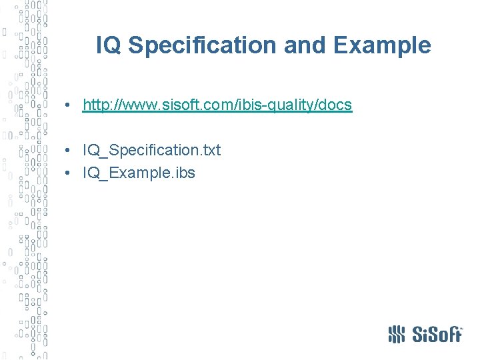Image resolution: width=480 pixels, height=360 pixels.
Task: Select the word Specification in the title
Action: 202,45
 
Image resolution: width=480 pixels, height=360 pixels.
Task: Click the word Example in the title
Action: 382,45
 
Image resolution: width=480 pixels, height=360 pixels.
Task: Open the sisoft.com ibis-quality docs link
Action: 217,105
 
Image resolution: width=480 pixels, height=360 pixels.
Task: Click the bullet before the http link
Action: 69,106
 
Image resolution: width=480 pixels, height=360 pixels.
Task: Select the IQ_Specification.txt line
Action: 151,150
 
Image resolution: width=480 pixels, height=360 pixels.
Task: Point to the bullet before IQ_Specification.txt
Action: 69,151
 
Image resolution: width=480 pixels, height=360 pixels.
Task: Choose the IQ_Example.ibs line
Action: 139,173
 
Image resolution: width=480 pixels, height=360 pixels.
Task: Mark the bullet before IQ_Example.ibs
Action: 69,173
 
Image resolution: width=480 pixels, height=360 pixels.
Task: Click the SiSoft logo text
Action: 436,334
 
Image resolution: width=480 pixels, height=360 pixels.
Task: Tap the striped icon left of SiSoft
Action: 397,334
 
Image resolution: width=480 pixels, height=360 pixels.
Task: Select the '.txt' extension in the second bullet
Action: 209,150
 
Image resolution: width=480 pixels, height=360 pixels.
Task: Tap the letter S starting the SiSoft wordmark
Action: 417,334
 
